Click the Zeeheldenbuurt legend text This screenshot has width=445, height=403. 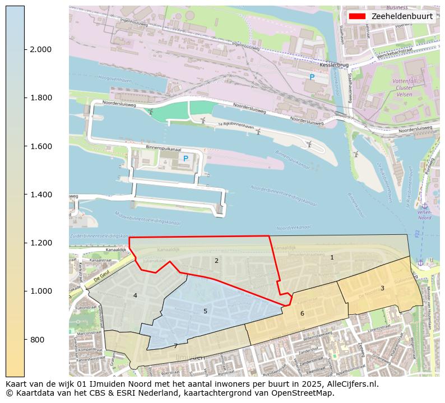tap(402, 16)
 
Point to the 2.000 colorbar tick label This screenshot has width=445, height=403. tap(40, 49)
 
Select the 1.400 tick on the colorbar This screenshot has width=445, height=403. tap(40, 194)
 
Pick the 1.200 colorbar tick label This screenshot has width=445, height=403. tap(40, 243)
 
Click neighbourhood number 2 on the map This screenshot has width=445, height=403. tap(216, 261)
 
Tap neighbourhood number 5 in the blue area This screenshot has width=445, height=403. tap(205, 311)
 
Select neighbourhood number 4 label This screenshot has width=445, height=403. tap(135, 295)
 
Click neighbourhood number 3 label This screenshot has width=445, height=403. tap(382, 288)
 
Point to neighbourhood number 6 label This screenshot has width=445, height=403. tap(302, 313)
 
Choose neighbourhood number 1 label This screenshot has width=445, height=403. tap(332, 257)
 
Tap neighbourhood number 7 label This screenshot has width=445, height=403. tap(175, 346)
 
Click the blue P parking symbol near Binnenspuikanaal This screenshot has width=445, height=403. tap(186, 159)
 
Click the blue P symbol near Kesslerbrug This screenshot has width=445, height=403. tap(312, 77)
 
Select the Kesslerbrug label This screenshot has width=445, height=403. tap(330, 65)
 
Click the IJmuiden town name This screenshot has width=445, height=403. tap(190, 357)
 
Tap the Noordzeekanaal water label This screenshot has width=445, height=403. tap(293, 228)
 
